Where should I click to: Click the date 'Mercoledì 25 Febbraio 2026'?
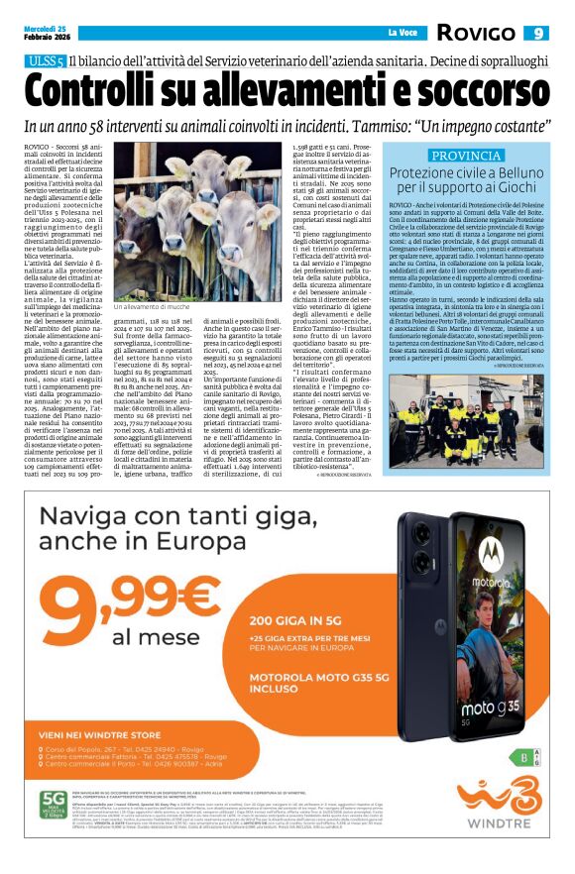(48, 34)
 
